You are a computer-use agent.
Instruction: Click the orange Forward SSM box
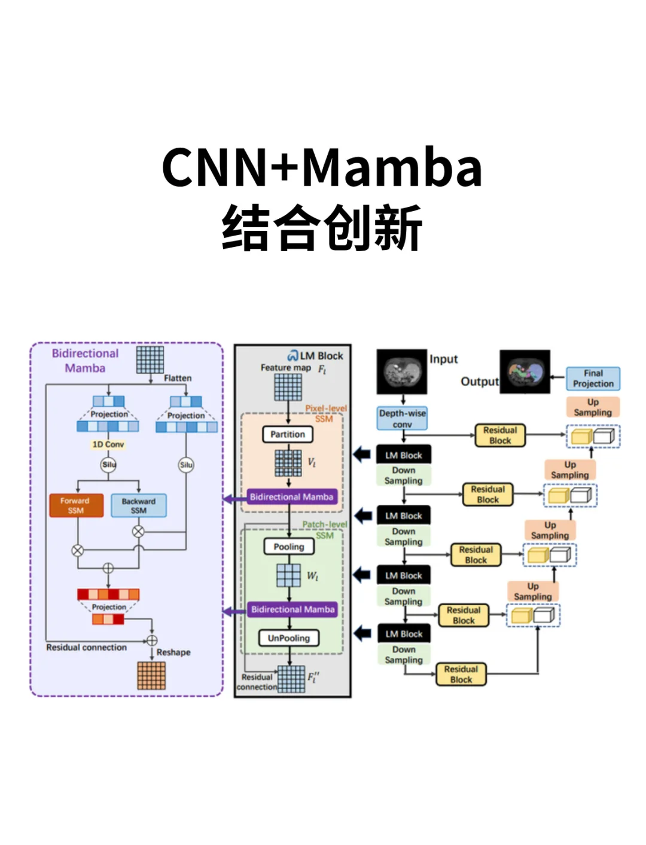point(76,505)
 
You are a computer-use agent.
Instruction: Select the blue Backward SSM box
point(138,505)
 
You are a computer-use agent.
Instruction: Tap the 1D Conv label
point(108,444)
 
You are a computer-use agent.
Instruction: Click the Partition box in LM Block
point(288,434)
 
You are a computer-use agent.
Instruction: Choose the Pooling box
point(289,547)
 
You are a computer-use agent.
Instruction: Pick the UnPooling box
point(289,638)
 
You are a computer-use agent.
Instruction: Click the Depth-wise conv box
point(402,419)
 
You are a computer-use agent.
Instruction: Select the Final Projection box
point(593,379)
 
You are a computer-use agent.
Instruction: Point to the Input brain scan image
point(401,371)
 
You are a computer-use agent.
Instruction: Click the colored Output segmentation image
point(525,372)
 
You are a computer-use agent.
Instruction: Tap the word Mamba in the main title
point(392,167)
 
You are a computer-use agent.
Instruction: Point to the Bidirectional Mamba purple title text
point(85,361)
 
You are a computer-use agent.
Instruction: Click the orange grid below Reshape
point(151,676)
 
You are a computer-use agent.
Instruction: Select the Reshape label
point(173,652)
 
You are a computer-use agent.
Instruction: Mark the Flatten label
point(178,378)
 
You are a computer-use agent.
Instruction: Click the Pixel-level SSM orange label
point(325,413)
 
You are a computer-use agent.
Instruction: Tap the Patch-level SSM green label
point(325,529)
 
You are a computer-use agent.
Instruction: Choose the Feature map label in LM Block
point(286,368)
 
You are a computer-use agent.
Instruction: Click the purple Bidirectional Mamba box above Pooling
point(291,497)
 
